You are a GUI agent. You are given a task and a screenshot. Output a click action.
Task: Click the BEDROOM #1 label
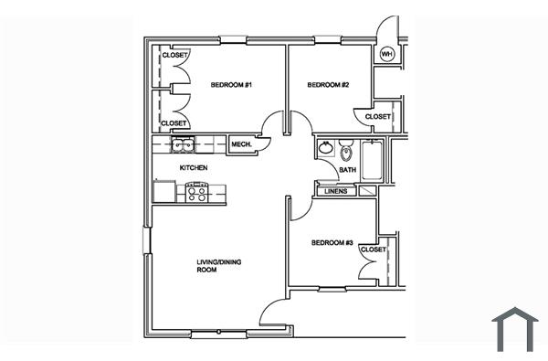coord(230,85)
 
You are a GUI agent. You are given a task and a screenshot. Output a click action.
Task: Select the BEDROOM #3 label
coord(332,243)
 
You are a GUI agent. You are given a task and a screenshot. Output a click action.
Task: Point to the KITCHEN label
coord(193,168)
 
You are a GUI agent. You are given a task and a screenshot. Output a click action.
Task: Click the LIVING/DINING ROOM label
coord(218,267)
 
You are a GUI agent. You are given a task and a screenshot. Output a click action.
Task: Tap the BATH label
coord(348,170)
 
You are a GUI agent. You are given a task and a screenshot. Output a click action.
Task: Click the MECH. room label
coord(241,145)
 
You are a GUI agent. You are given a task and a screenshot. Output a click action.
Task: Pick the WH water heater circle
coord(386,54)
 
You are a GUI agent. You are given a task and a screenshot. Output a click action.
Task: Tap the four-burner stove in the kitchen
coord(197,192)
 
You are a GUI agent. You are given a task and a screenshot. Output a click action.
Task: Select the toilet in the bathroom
coord(346,150)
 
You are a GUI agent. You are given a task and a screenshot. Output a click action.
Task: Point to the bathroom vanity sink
coord(325,148)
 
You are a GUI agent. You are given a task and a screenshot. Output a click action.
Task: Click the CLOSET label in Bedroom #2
coord(378,117)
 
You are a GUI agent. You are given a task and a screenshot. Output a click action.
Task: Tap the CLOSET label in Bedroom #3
coord(373,250)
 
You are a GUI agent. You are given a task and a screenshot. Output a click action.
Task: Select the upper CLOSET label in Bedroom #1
coord(174,56)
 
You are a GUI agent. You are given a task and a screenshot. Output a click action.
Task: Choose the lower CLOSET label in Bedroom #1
coord(174,123)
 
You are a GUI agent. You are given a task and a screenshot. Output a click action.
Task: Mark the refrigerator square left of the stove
coord(165,192)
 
